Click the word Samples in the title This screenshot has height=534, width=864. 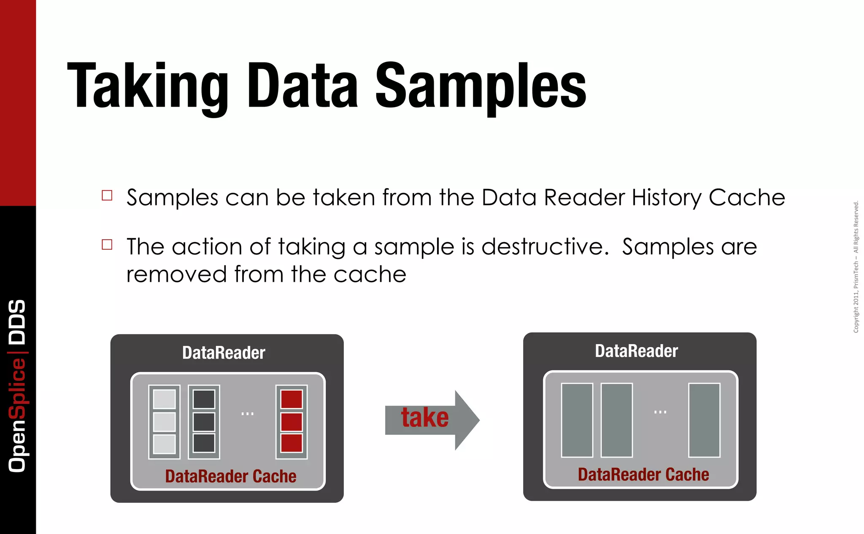(481, 86)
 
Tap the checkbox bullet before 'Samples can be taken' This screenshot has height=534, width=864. (107, 195)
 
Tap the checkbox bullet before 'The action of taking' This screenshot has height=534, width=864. (107, 245)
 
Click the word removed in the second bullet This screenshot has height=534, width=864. (176, 275)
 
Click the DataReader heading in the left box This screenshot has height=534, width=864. (224, 353)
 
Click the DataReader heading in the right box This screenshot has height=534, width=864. (636, 351)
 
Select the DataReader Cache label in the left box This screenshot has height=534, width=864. (230, 476)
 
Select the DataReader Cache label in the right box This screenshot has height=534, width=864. (643, 475)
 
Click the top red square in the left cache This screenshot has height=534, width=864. (292, 399)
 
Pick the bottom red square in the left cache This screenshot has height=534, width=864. (292, 443)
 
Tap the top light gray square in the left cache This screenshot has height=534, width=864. (164, 399)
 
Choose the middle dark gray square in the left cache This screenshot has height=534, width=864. (204, 422)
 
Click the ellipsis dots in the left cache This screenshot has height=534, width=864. (247, 414)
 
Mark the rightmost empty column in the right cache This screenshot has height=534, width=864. (704, 420)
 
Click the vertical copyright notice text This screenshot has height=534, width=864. (856, 267)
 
